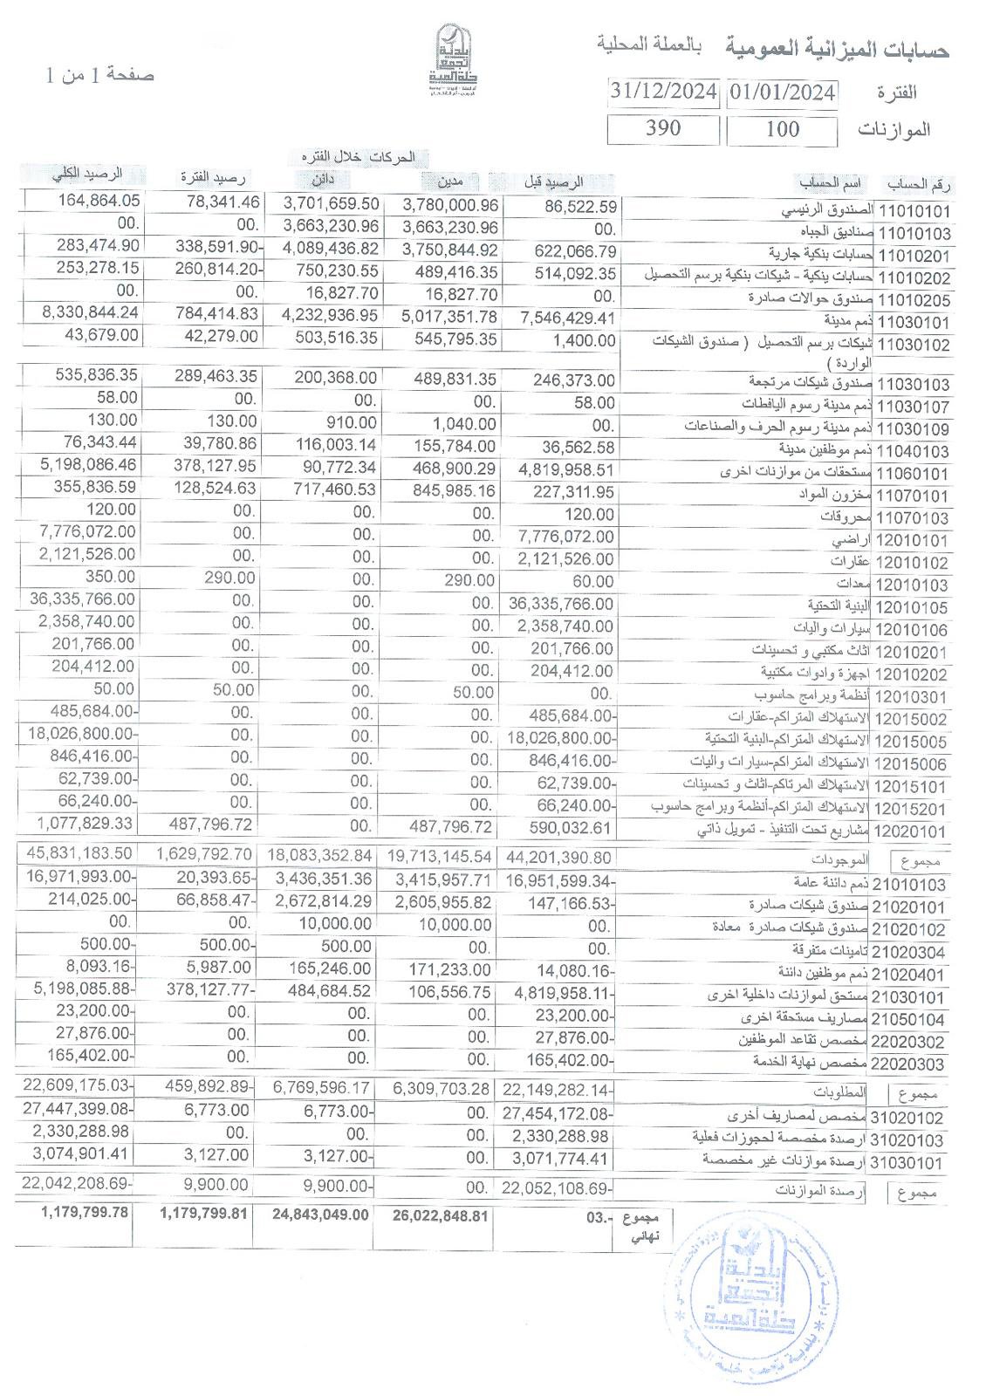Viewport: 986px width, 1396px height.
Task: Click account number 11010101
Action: click(x=914, y=211)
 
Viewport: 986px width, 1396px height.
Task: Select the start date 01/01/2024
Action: click(x=783, y=92)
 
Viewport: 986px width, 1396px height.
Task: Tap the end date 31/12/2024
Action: click(x=664, y=91)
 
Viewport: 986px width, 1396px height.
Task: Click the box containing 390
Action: click(x=663, y=128)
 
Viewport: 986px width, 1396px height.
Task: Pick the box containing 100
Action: click(x=783, y=129)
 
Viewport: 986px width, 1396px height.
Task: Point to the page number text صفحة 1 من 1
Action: click(x=99, y=74)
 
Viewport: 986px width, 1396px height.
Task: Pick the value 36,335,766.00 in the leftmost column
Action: click(x=82, y=599)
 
